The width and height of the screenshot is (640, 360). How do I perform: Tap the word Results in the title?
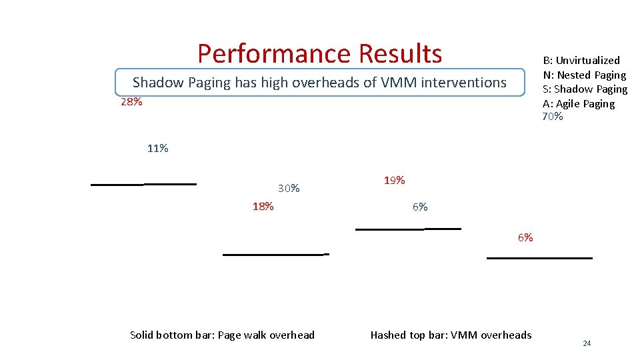pos(400,53)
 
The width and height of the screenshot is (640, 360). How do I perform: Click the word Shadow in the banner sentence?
pos(159,83)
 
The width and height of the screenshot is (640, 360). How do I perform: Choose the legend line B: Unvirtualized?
pos(581,61)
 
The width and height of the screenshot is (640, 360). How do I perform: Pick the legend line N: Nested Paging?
pos(585,75)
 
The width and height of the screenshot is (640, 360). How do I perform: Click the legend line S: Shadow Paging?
pos(585,89)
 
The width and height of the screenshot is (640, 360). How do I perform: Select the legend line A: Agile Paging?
pos(579,104)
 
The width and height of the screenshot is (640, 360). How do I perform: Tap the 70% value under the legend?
pos(553,117)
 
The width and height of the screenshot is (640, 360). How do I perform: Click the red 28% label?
pos(131,103)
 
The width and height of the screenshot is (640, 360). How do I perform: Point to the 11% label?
pos(157,149)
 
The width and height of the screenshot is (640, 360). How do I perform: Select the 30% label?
pos(289,189)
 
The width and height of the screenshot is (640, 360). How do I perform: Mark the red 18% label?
pos(263,206)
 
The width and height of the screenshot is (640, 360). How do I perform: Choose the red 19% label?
pos(394,181)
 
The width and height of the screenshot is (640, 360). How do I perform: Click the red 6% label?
pos(525,238)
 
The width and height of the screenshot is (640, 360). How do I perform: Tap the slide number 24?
pos(587,343)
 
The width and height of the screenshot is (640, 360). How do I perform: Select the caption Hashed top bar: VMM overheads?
pos(451,335)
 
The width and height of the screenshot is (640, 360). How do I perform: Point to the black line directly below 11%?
pos(170,183)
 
